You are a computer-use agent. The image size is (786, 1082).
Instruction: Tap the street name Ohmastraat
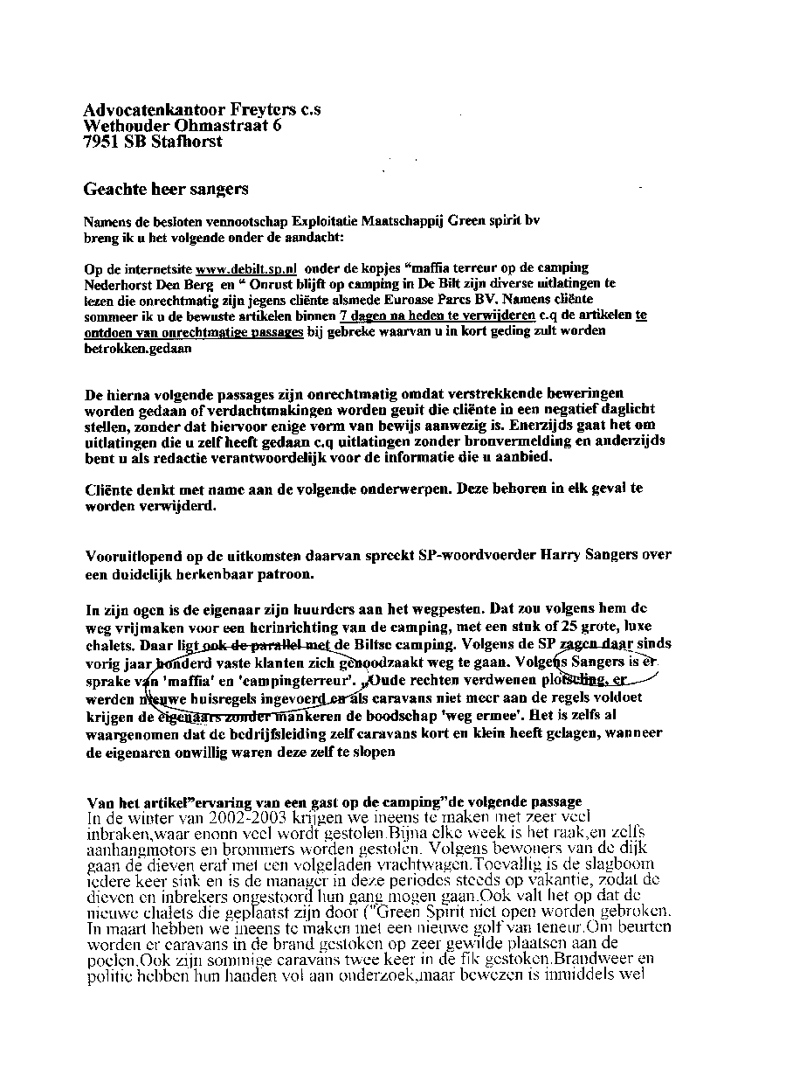(228, 126)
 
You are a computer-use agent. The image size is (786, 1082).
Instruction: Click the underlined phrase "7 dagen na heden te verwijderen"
(437, 316)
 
